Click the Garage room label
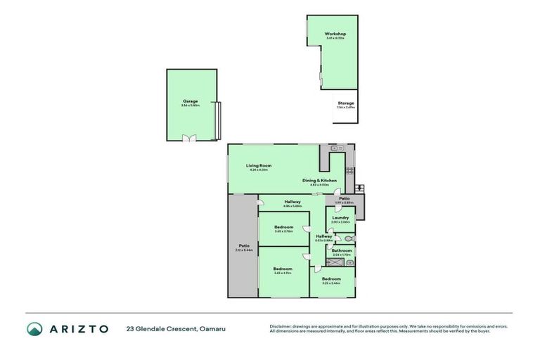pyautogui.click(x=190, y=101)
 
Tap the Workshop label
pyautogui.click(x=335, y=34)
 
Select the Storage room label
pyautogui.click(x=345, y=103)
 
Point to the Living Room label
pyautogui.click(x=259, y=166)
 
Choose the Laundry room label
pyautogui.click(x=340, y=218)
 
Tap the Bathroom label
pyautogui.click(x=342, y=250)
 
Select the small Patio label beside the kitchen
pyautogui.click(x=345, y=198)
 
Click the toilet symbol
pyautogui.click(x=350, y=239)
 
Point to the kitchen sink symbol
pyautogui.click(x=335, y=148)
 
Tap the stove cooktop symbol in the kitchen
pyautogui.click(x=349, y=170)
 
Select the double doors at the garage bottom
pyautogui.click(x=189, y=139)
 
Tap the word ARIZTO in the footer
pyautogui.click(x=78, y=328)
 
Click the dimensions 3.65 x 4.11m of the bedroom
pyautogui.click(x=283, y=273)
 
